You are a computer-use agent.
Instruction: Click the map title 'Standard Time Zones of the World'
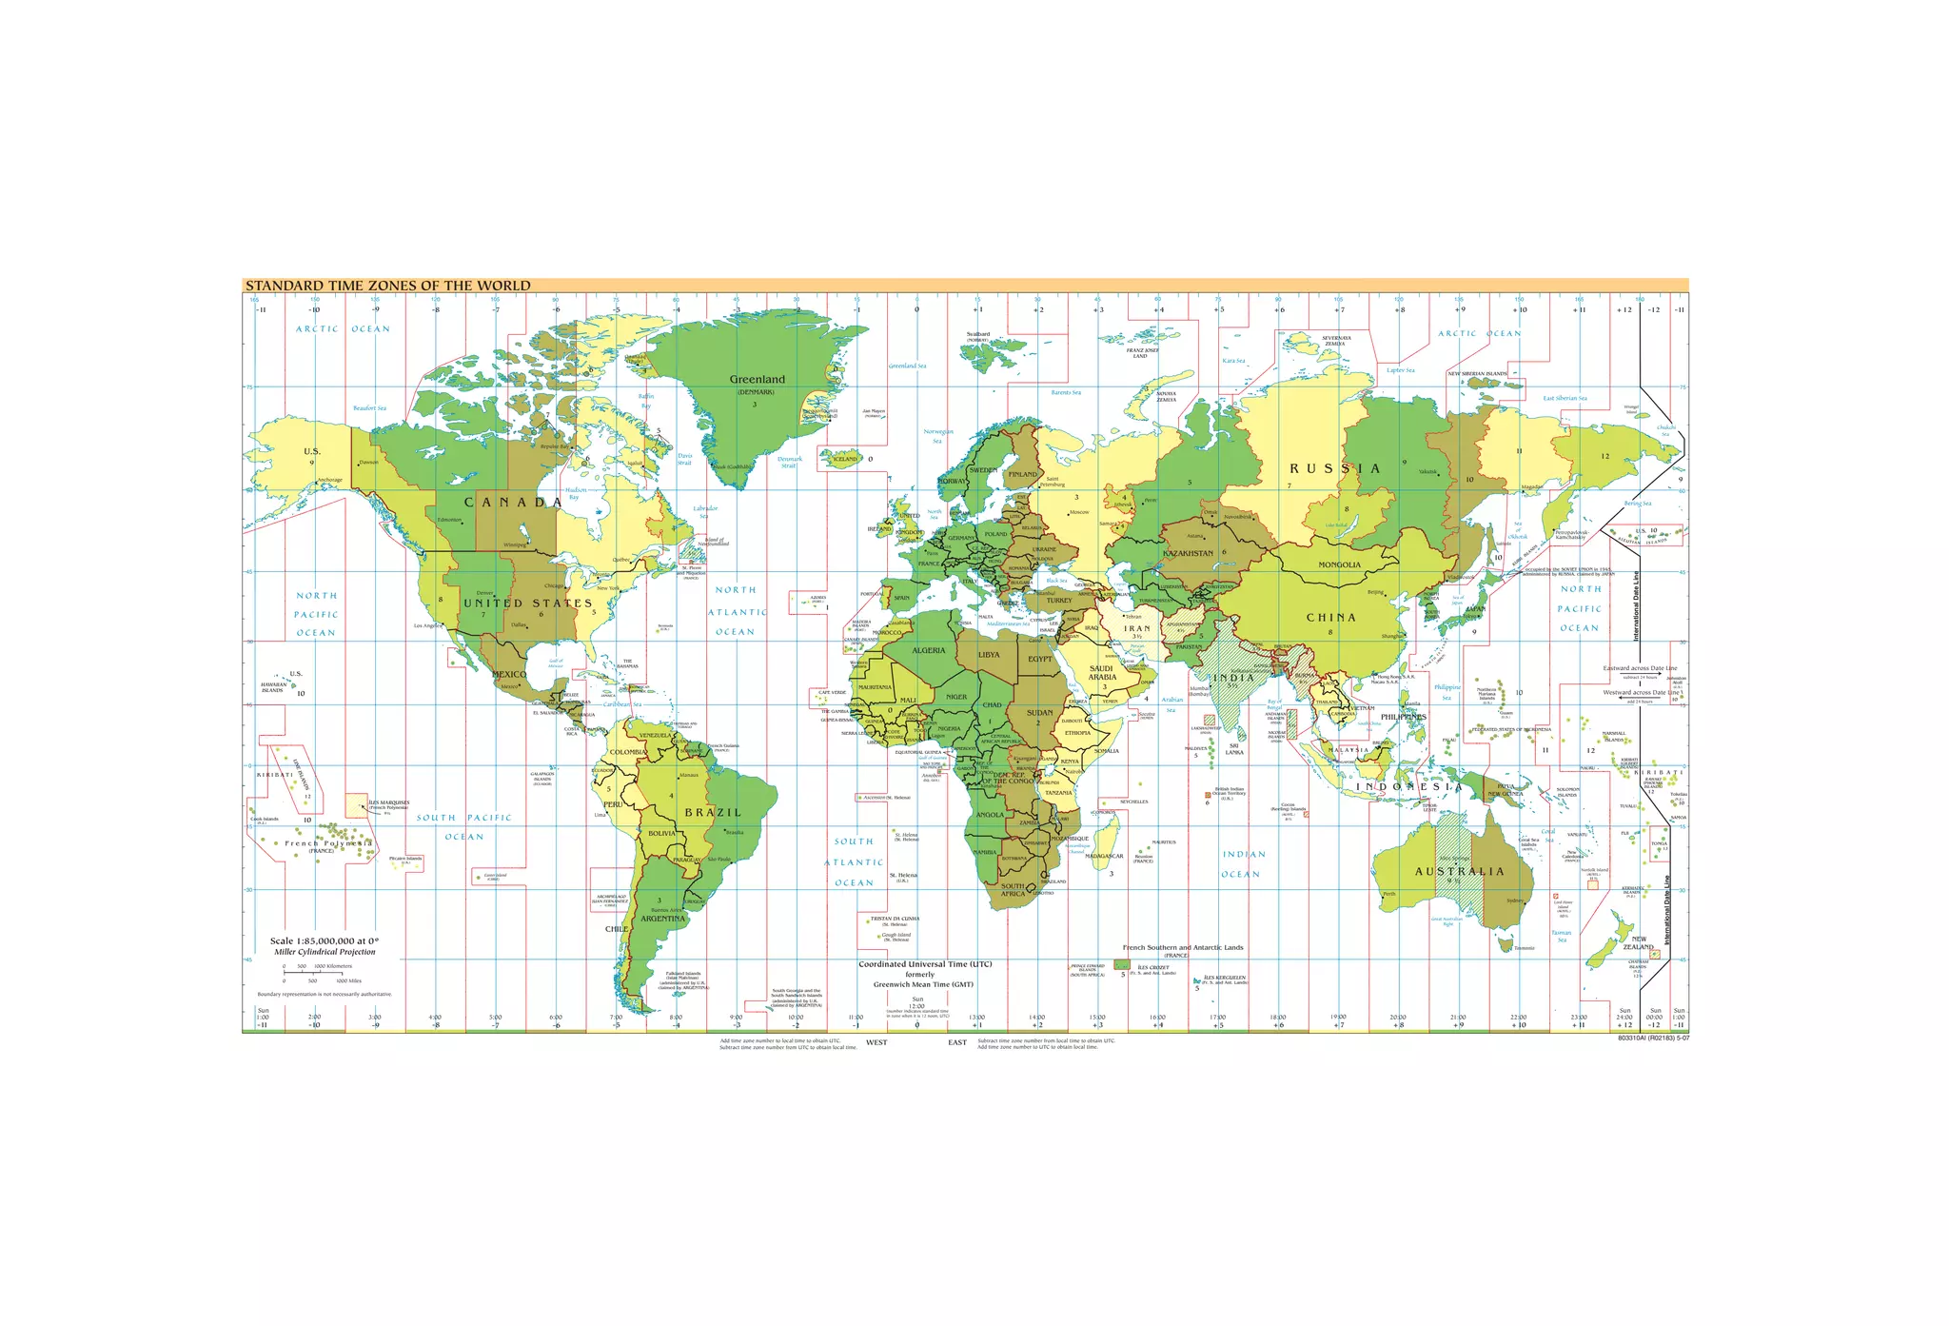pos(387,286)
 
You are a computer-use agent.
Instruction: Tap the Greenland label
pos(757,380)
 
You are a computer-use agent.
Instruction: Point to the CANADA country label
pos(513,503)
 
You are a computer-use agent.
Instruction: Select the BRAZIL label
pos(712,813)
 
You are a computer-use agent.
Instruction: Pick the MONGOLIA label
pos(1339,564)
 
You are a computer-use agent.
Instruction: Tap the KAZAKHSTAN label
pos(1188,553)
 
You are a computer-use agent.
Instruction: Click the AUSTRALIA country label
pos(1459,872)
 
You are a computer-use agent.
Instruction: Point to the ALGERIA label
pos(928,651)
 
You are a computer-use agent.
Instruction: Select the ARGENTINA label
pos(662,920)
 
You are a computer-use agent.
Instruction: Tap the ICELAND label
pos(845,459)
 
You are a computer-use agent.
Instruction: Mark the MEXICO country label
pos(509,675)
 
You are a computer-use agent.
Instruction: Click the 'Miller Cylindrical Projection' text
pos(325,952)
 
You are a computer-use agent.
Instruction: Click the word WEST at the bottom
pos(876,1043)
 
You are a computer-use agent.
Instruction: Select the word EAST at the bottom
pos(957,1043)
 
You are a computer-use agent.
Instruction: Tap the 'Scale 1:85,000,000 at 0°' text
pos(325,940)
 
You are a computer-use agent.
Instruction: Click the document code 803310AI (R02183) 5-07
pos(1653,1038)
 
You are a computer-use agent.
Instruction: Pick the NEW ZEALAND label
pos(1639,943)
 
